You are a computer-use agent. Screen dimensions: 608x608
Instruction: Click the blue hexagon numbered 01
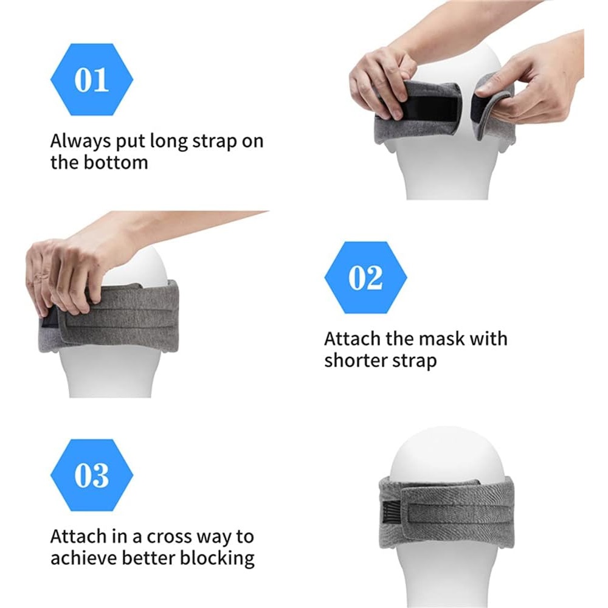(x=92, y=80)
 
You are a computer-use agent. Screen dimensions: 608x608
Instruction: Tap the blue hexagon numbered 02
(x=365, y=277)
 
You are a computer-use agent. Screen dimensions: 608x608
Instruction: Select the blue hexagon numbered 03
(x=92, y=475)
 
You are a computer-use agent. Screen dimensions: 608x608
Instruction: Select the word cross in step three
(x=169, y=537)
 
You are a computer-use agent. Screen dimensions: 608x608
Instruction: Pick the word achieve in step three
(x=84, y=558)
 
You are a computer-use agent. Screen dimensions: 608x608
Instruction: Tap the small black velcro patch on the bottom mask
(x=391, y=513)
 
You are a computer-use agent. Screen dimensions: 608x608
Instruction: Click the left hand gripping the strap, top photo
(x=382, y=83)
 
